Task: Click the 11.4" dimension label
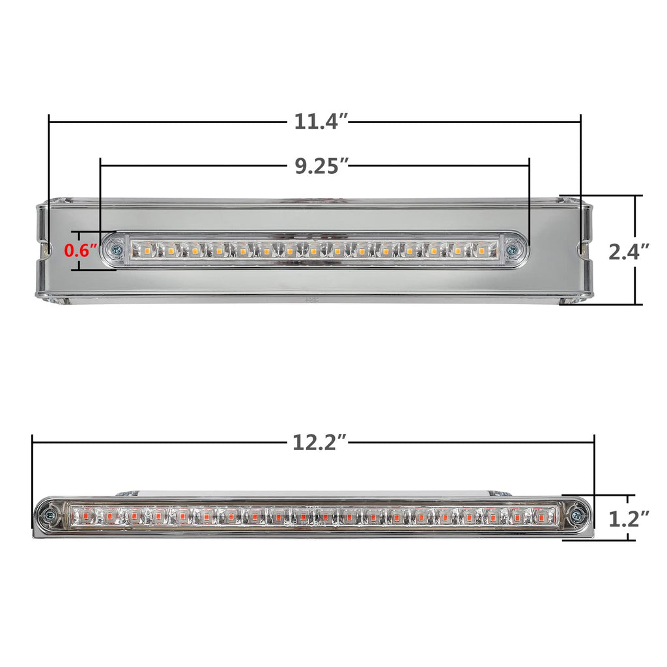point(322,122)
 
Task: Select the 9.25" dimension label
point(322,165)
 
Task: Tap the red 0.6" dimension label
point(81,251)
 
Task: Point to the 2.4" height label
point(629,251)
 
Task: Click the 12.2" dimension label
point(320,442)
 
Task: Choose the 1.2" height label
point(629,519)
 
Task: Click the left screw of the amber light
point(115,249)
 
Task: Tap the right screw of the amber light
point(515,249)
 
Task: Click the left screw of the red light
point(50,516)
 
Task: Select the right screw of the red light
point(576,516)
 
